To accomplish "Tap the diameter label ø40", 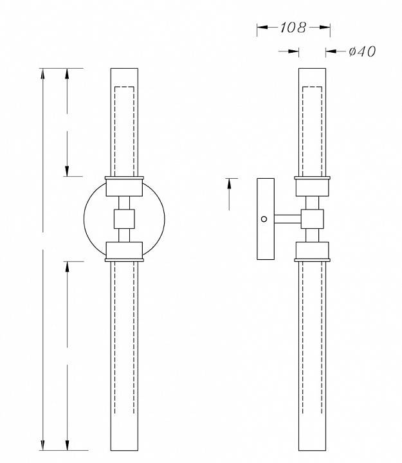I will (x=361, y=51).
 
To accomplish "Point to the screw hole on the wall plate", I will (x=264, y=219).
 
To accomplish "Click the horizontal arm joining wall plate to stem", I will (x=288, y=219).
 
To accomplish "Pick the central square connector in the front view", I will (x=124, y=219).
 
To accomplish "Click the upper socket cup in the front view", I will (x=124, y=186).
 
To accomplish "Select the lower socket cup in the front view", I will (x=124, y=251).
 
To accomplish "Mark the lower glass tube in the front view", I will (x=124, y=354).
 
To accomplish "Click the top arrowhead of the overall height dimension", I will (x=43, y=72).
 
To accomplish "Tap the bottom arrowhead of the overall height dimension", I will (x=43, y=445).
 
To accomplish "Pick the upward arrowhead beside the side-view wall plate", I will (x=229, y=183).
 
